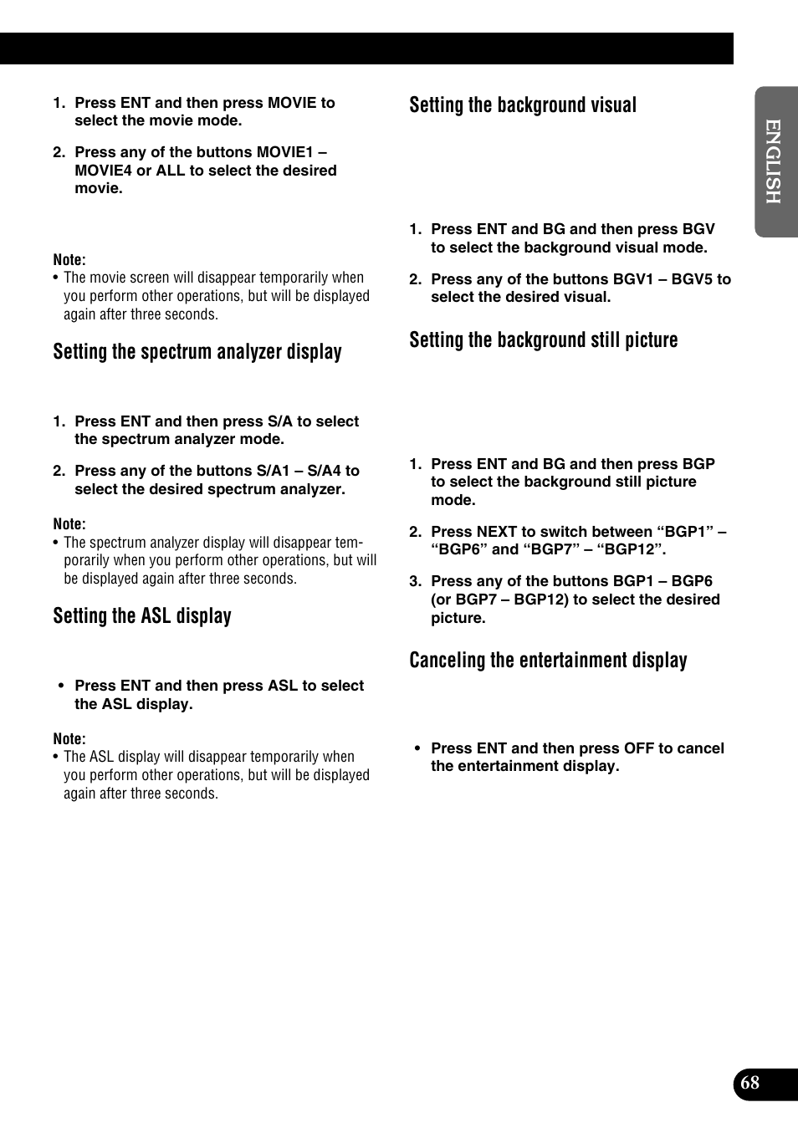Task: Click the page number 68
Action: point(750,1083)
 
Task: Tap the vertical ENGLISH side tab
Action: point(773,161)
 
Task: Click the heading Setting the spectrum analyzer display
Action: point(197,352)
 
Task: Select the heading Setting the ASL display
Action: point(142,616)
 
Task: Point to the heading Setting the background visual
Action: point(523,105)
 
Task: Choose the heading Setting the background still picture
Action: point(544,340)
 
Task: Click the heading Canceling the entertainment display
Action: point(548,661)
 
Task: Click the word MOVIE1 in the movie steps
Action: point(284,152)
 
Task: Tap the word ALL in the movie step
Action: point(171,171)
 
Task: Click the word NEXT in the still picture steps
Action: point(496,532)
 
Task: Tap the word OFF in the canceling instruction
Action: point(638,748)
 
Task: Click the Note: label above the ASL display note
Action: point(69,739)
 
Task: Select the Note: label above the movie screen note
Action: point(69,260)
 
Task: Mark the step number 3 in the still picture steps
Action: point(414,581)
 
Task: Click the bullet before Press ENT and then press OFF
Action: point(417,748)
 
